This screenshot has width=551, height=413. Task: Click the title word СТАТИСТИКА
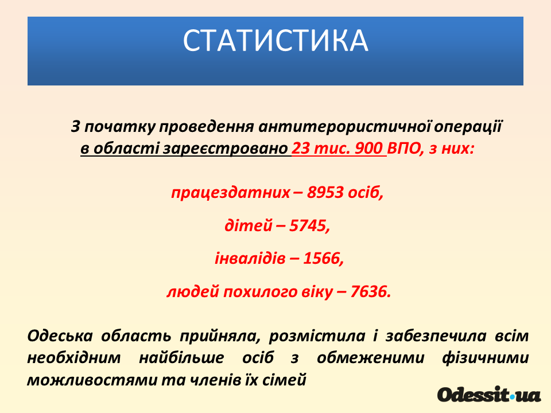point(275,40)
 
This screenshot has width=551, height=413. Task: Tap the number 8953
point(325,193)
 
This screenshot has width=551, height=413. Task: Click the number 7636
point(370,291)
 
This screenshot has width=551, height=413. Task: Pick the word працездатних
point(231,193)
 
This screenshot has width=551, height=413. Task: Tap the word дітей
point(249,225)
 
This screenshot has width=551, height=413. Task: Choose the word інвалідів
point(250,259)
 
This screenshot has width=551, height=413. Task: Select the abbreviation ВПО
point(403,149)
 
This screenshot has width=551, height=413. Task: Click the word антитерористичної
point(345,126)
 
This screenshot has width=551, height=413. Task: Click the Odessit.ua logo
point(489,395)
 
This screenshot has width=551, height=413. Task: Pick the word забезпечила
point(436,336)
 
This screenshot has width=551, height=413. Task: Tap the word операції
point(468,126)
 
